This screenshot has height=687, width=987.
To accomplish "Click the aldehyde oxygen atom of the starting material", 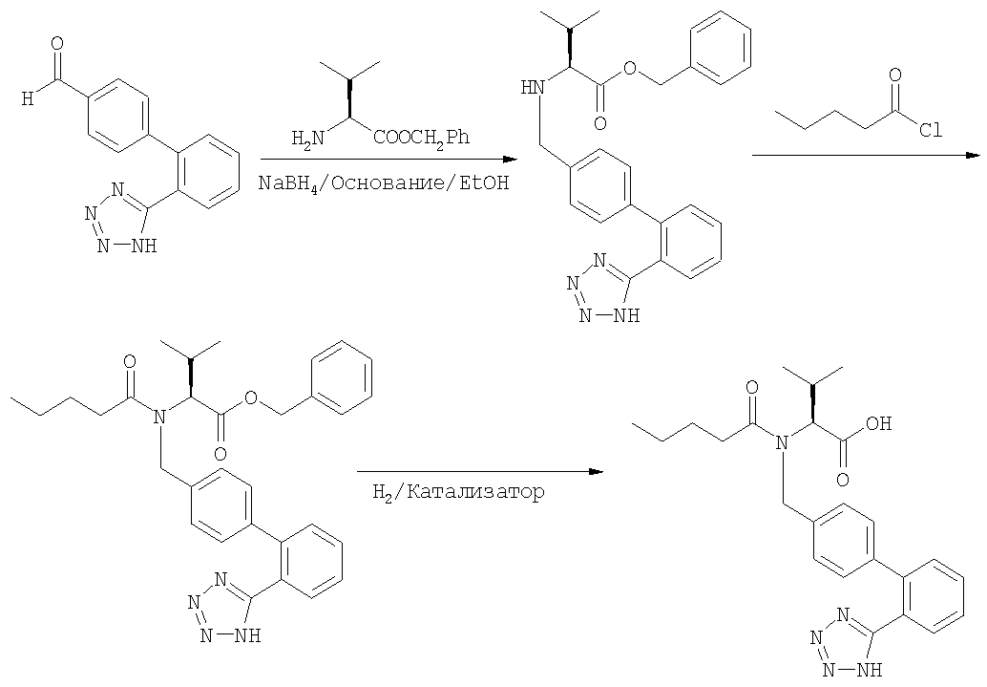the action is click(x=57, y=44).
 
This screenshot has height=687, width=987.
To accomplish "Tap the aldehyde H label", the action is click(x=28, y=98).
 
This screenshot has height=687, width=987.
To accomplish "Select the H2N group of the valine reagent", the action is click(x=308, y=138).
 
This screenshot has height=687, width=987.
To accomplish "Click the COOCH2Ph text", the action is click(x=422, y=138).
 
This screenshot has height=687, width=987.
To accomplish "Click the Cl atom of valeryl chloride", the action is click(x=931, y=130).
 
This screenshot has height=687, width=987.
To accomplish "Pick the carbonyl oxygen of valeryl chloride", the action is click(x=894, y=75).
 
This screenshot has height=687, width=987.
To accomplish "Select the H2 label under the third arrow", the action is click(x=382, y=492).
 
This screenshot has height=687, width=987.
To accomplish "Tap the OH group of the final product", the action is click(x=878, y=423).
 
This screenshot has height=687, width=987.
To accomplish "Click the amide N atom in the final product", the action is click(x=782, y=443).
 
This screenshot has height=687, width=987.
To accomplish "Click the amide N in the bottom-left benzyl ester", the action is click(x=159, y=416).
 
